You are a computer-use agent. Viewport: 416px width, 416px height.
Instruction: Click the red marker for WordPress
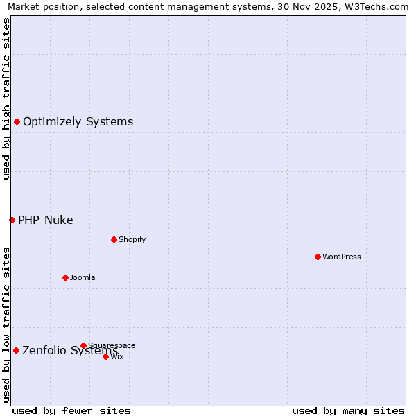click(x=318, y=257)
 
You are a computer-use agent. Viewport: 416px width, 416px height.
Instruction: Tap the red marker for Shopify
click(x=114, y=239)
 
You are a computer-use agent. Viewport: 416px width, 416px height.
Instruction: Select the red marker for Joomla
click(x=65, y=277)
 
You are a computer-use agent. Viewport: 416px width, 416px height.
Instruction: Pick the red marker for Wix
click(x=105, y=356)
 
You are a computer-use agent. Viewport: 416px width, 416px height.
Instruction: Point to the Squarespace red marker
click(x=83, y=345)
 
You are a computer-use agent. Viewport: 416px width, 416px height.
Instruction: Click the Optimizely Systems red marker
click(x=17, y=122)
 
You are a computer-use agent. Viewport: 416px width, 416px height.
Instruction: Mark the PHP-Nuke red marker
click(x=12, y=220)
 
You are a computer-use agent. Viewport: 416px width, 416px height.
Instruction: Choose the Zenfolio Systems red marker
click(x=16, y=350)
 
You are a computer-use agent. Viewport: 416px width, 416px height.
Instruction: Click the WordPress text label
click(x=342, y=257)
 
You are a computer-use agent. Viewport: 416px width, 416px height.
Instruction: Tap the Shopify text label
click(x=132, y=239)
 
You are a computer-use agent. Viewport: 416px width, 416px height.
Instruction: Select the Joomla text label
click(x=83, y=277)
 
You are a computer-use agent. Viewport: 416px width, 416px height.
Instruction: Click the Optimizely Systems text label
click(x=78, y=122)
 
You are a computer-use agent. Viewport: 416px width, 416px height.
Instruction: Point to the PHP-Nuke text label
click(x=46, y=220)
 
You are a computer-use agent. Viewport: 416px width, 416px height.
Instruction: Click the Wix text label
click(x=117, y=356)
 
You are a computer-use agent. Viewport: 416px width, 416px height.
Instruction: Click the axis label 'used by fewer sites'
click(x=71, y=410)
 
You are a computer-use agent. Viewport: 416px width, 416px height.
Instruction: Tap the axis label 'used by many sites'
click(x=348, y=410)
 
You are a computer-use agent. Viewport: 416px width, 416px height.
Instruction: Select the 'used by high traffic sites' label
click(x=6, y=98)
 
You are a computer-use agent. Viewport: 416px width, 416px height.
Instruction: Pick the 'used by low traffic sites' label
click(x=6, y=324)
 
